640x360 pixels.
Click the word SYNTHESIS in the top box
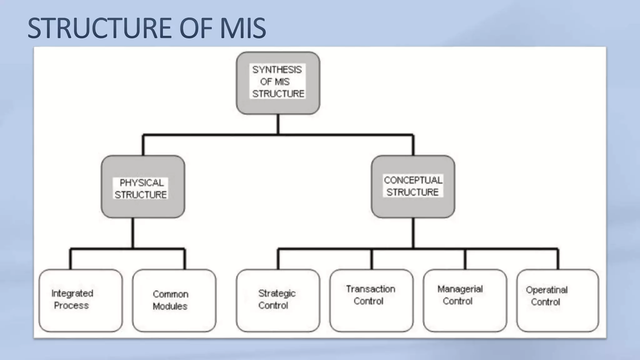(x=277, y=70)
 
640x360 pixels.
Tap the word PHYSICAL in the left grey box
(x=142, y=183)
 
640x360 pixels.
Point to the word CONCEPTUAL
(x=413, y=180)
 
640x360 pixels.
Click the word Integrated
(x=72, y=293)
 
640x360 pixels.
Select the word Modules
(x=170, y=306)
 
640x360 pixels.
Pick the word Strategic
(x=277, y=293)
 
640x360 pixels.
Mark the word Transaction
(x=371, y=289)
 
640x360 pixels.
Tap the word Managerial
(x=460, y=289)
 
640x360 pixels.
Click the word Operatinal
(x=547, y=290)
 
